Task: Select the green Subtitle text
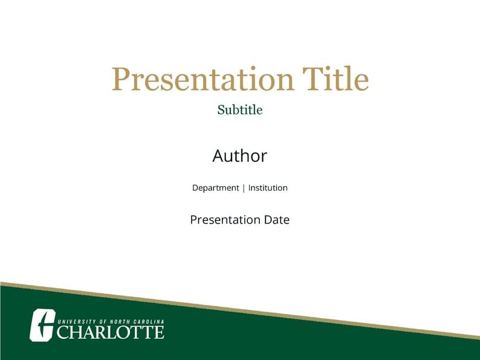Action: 240,110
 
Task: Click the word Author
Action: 240,156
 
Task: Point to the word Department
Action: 216,188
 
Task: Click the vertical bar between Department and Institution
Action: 244,188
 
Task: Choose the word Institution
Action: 268,188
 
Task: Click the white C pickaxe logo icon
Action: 42,324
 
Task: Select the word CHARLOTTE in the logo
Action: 110,332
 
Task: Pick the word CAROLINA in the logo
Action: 149,321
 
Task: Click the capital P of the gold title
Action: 122,79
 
